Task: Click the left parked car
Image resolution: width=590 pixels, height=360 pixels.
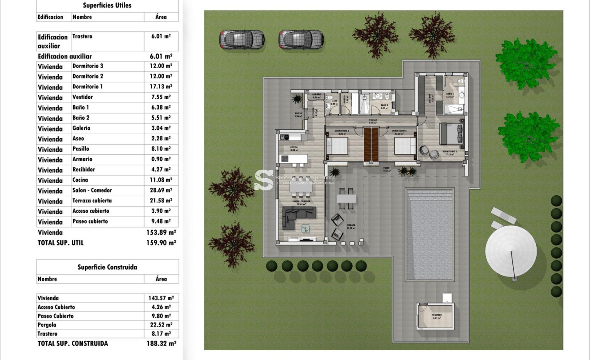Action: (242, 40)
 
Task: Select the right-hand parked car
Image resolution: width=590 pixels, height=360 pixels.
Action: (301, 40)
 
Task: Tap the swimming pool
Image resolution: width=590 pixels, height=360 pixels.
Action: (429, 235)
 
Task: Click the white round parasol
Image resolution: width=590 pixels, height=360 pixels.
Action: (511, 251)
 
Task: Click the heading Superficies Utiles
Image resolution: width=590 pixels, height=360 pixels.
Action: (107, 6)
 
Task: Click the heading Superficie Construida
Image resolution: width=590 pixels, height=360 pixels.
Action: (107, 267)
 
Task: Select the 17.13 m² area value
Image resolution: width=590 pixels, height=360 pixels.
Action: (161, 87)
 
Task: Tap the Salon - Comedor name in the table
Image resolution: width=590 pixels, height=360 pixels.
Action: (92, 190)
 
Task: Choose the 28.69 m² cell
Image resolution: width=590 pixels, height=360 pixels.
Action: (161, 190)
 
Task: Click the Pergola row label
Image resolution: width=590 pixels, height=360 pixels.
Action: (47, 325)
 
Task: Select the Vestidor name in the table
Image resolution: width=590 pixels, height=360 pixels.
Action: (83, 97)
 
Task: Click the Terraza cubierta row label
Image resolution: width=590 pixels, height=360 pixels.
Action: (92, 201)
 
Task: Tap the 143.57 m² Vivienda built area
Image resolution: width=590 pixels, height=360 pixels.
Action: (161, 298)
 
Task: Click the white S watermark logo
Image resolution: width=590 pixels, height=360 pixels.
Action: (264, 180)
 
